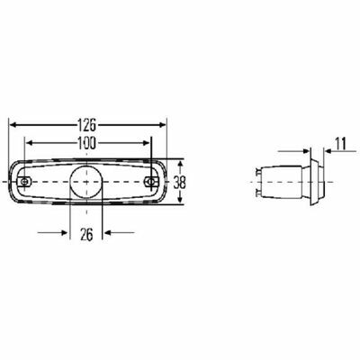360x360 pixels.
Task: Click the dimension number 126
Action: (86, 125)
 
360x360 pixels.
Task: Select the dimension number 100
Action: (86, 143)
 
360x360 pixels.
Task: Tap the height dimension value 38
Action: (179, 182)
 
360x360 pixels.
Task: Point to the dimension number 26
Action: (86, 234)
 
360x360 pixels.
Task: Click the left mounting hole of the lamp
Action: (24, 182)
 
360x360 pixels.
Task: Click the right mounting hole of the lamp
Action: (150, 182)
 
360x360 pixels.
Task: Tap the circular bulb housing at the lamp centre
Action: (86, 182)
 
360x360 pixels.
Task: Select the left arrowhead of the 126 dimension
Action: (13, 125)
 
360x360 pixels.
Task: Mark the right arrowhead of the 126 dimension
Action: (163, 125)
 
